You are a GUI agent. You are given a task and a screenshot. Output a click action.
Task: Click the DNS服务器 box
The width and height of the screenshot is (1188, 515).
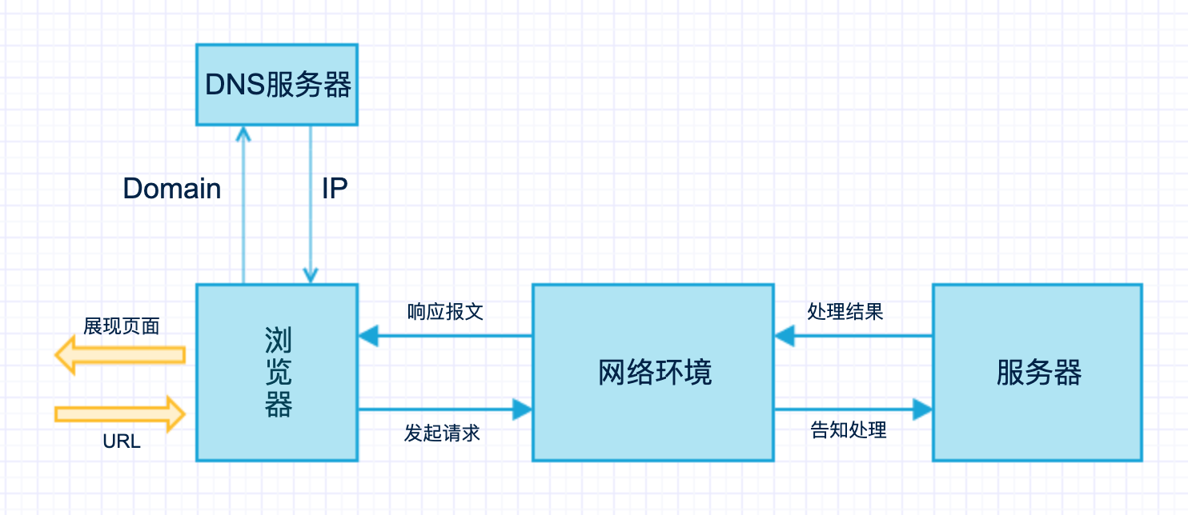point(277,84)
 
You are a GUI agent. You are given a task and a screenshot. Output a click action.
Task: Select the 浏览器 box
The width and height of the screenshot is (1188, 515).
point(277,372)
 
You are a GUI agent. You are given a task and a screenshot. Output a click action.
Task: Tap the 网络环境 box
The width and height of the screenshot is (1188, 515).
point(653,372)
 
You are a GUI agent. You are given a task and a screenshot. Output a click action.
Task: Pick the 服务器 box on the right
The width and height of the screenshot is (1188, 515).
point(1037,372)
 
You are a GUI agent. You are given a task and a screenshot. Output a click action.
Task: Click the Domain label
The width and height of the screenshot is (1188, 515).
point(172,189)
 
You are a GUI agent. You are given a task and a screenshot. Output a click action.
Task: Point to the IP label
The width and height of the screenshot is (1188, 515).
point(335,189)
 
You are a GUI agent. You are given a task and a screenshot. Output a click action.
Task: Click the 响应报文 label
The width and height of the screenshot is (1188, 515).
point(445,311)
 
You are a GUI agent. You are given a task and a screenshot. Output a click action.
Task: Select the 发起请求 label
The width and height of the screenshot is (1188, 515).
point(442,433)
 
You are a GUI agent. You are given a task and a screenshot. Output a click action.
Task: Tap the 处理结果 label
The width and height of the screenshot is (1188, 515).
point(845,311)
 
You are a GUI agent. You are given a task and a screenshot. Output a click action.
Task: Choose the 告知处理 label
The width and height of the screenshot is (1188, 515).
point(849,430)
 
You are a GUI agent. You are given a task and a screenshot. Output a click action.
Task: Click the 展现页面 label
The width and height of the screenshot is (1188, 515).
point(122,325)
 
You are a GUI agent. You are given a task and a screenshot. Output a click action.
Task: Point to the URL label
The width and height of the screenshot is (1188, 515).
point(122,441)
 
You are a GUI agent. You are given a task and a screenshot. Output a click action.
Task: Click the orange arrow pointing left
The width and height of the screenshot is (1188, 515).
point(120,354)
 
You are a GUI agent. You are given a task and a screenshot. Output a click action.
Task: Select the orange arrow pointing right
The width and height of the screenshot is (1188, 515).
point(120,413)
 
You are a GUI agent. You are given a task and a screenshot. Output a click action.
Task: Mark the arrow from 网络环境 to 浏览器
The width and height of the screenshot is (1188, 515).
point(445,336)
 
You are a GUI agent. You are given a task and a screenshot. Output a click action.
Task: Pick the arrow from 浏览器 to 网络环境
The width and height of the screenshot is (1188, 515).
point(445,410)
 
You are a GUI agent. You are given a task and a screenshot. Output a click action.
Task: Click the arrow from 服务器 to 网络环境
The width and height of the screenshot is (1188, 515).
point(853,336)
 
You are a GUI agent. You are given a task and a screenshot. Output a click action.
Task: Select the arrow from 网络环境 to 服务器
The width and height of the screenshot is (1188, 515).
point(853,410)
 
